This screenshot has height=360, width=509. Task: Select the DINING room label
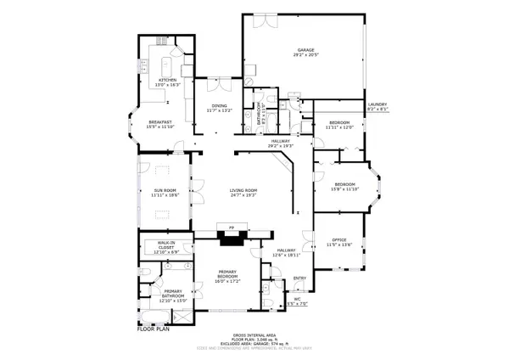click(x=219, y=105)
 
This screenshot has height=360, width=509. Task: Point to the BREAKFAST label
click(x=159, y=122)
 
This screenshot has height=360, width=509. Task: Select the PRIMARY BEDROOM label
click(x=224, y=276)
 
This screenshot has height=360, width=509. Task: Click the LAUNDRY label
click(x=377, y=104)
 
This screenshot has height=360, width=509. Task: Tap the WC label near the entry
click(x=298, y=299)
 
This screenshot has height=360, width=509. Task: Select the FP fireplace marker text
click(x=231, y=227)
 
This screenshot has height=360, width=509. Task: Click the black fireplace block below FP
click(x=231, y=239)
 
